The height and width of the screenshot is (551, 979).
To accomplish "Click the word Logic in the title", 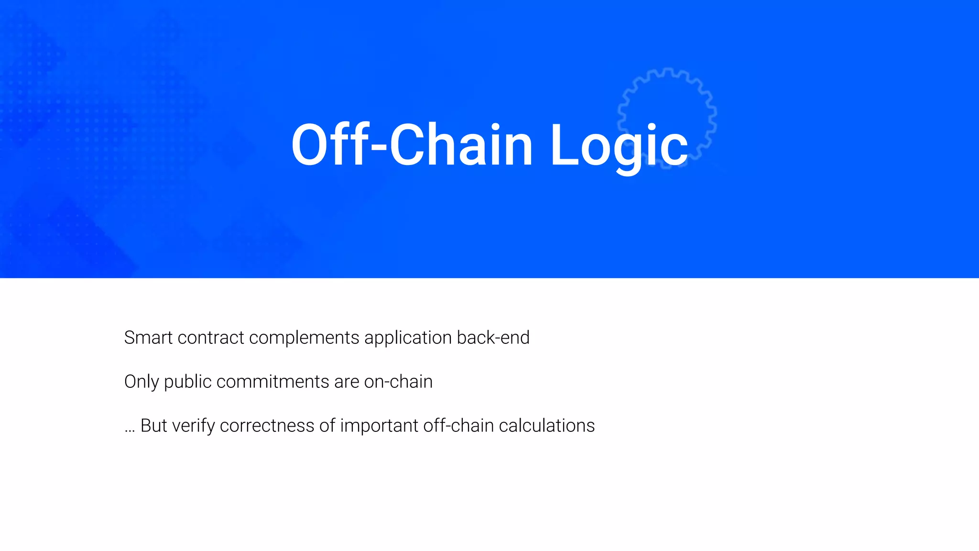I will click(619, 145).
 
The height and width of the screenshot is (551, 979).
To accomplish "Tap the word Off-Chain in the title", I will click(412, 145).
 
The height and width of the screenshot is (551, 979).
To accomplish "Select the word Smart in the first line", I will click(148, 338).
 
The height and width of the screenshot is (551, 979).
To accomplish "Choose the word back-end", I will click(493, 338).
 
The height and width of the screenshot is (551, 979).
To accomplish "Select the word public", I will click(188, 382).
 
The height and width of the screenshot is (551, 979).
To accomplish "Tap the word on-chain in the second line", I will click(398, 382).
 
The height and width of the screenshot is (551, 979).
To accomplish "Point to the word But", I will click(153, 426).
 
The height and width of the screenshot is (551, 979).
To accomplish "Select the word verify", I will click(193, 426).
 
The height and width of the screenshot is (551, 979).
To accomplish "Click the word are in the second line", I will click(347, 382).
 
